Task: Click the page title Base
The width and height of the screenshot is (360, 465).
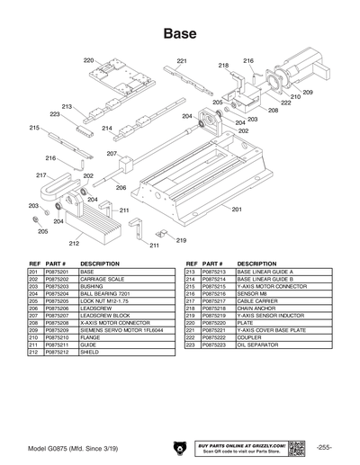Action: coord(180,33)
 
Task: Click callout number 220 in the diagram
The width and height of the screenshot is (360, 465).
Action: coord(88,60)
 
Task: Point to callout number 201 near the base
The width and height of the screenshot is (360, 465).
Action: coord(237,209)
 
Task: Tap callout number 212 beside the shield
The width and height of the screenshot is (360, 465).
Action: coord(75,242)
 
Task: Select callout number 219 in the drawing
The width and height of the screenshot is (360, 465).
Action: coord(181,240)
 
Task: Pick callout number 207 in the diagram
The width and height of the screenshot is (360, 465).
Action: coord(112,154)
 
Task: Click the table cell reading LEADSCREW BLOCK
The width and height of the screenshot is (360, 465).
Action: coord(107,316)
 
